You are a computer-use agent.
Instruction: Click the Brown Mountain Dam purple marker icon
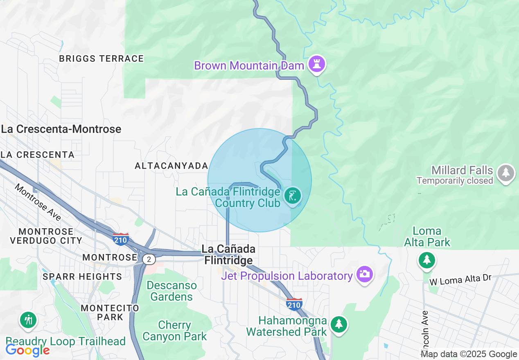click(x=316, y=64)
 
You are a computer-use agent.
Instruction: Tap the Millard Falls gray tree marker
click(x=506, y=173)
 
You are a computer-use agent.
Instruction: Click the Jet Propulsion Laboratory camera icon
click(x=364, y=273)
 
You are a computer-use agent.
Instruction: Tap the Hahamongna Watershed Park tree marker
click(x=338, y=324)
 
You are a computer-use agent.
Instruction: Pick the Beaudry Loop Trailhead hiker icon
click(x=28, y=320)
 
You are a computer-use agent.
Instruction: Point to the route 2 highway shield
click(x=149, y=259)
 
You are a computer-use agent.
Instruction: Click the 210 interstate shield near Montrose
click(x=121, y=239)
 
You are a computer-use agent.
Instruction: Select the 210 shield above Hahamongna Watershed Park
click(x=294, y=304)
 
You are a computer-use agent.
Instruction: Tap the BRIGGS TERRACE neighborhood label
click(x=102, y=59)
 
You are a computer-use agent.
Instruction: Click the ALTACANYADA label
click(x=171, y=166)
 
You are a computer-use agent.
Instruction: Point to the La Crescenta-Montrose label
click(x=61, y=129)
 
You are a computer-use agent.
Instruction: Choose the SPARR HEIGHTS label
click(x=82, y=277)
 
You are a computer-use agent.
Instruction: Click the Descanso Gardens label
click(x=171, y=291)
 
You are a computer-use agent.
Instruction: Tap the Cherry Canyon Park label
click(x=175, y=331)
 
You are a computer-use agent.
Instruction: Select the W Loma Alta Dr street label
click(x=460, y=280)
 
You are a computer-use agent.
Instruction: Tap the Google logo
click(x=27, y=350)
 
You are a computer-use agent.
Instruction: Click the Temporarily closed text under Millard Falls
click(x=455, y=180)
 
